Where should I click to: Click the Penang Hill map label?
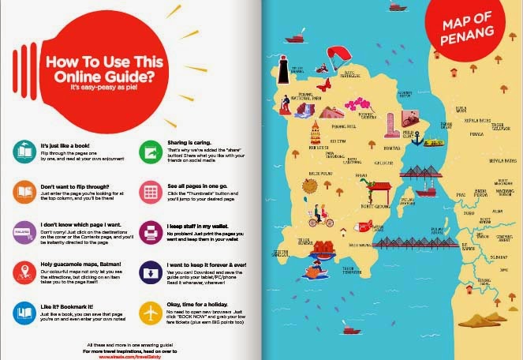[344, 126]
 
